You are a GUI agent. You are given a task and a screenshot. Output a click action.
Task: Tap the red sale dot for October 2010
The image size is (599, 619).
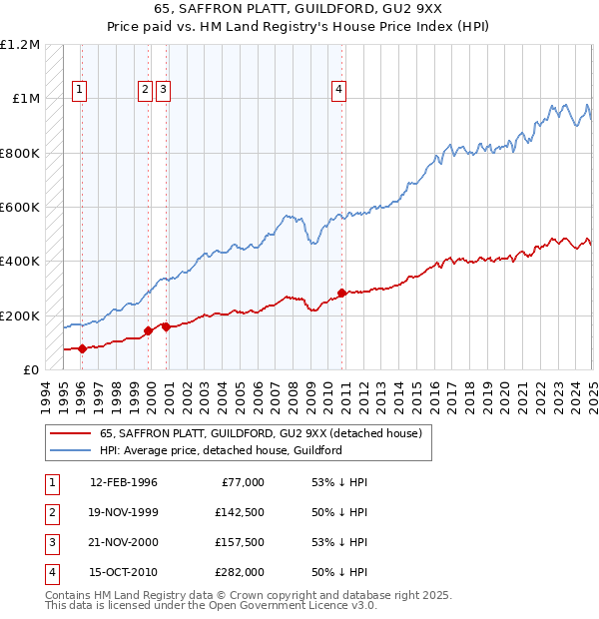(x=341, y=293)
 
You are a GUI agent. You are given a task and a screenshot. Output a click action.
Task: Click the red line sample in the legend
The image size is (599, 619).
(x=69, y=433)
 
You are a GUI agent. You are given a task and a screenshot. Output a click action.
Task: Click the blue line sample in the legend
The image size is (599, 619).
(x=69, y=450)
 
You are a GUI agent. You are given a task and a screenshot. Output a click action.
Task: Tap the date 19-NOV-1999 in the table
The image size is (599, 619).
(x=124, y=513)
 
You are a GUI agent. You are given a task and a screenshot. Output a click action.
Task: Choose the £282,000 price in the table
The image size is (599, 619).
(x=240, y=572)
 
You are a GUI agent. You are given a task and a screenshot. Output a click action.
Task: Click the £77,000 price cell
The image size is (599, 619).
(x=243, y=483)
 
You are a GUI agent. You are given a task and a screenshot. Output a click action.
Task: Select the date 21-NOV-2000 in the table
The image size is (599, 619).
(x=124, y=542)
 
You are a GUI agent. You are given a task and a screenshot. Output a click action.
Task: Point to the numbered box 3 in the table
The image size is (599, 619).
(x=50, y=542)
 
